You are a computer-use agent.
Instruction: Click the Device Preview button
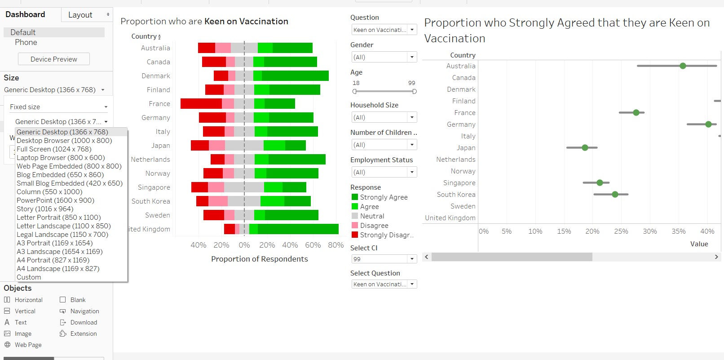click(54, 59)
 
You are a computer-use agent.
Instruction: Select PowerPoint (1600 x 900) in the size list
click(55, 200)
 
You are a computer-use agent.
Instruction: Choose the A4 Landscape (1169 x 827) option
click(58, 269)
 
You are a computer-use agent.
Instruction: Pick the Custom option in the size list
click(29, 277)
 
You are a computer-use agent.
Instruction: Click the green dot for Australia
click(683, 66)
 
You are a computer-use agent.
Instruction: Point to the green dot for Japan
click(585, 147)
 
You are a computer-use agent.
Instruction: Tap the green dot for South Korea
click(615, 195)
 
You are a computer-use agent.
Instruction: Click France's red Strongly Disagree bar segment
click(201, 104)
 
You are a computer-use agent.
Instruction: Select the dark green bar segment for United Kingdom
click(298, 229)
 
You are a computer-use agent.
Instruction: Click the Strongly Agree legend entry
click(384, 197)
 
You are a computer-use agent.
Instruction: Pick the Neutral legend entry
click(372, 216)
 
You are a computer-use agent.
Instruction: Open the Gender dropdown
click(384, 57)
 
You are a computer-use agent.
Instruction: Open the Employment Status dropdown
click(384, 172)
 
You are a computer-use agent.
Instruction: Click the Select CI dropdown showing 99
click(384, 259)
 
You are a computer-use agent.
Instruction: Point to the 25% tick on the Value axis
click(621, 231)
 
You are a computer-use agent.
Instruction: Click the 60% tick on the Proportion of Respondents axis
click(313, 245)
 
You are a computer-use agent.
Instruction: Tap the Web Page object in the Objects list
click(28, 345)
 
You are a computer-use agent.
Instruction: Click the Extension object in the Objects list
click(83, 333)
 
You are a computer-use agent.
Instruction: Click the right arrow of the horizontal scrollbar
click(716, 257)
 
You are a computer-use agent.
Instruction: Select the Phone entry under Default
click(26, 42)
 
